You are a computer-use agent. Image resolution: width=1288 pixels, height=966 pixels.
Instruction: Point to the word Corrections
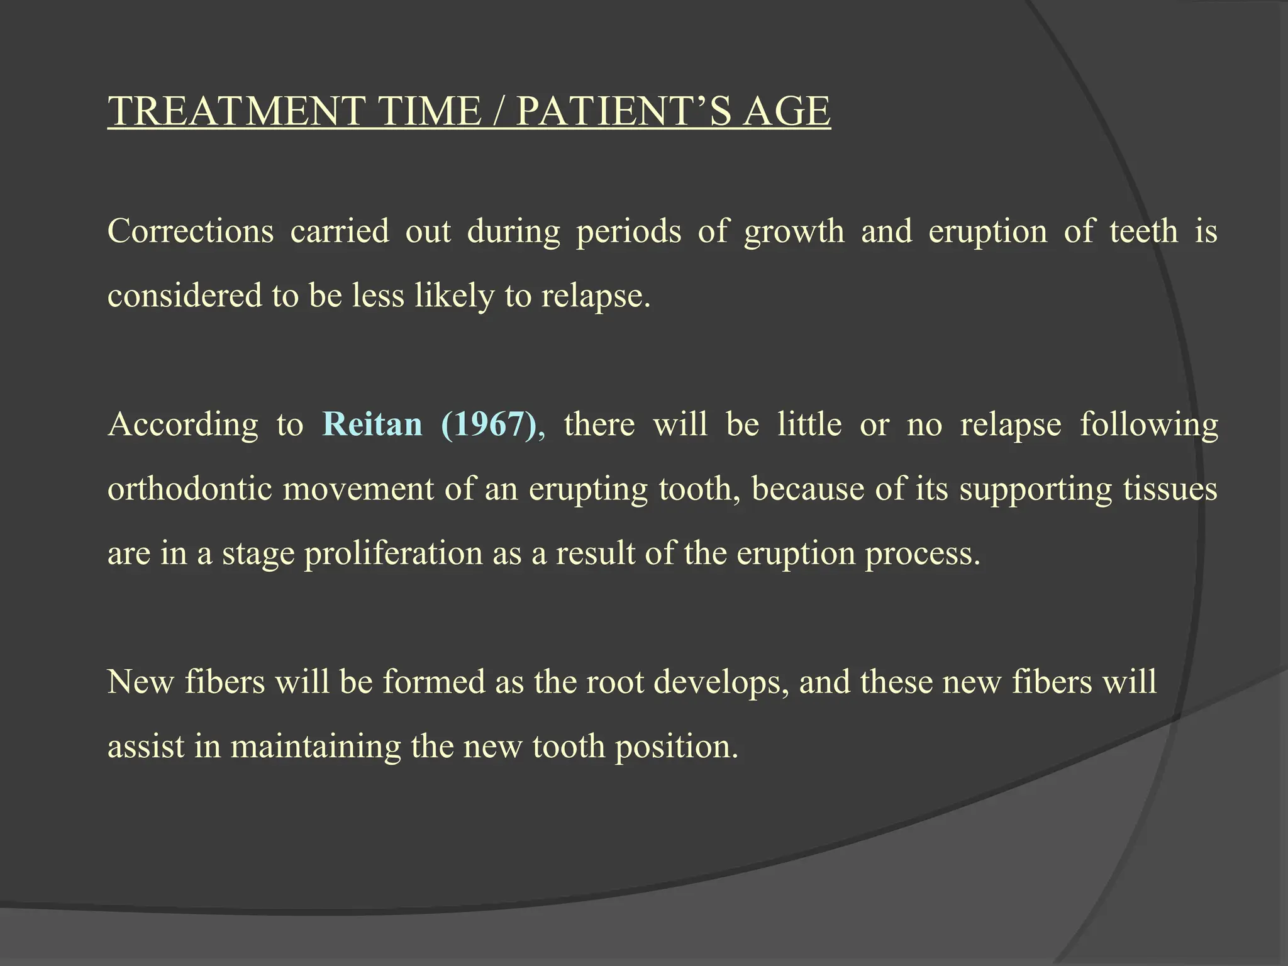click(x=191, y=231)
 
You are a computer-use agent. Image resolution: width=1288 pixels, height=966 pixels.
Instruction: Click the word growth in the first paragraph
click(x=794, y=232)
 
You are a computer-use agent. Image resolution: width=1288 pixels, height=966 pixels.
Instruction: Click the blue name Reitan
click(x=372, y=424)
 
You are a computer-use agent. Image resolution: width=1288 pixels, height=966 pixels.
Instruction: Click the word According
click(x=183, y=425)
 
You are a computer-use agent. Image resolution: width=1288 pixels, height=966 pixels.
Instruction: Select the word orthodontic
click(x=190, y=489)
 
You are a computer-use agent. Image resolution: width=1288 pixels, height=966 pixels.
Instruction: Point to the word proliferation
click(x=394, y=554)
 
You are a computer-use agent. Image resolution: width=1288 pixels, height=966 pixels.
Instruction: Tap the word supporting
click(x=1036, y=490)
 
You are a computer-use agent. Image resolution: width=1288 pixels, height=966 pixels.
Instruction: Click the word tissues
click(x=1170, y=489)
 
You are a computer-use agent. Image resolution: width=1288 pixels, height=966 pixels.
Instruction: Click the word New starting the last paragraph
click(x=140, y=682)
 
